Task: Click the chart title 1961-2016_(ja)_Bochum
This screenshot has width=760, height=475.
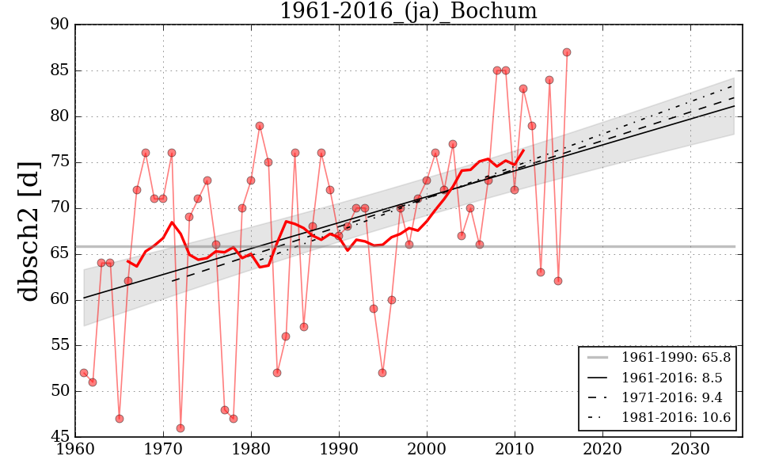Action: (x=408, y=12)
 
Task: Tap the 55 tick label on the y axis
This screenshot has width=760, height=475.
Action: (x=60, y=345)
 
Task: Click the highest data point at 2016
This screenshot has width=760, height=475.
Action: (x=567, y=52)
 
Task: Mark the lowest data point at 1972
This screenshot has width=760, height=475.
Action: (x=180, y=428)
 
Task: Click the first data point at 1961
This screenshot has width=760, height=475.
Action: (x=84, y=373)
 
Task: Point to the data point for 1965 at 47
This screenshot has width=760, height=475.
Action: (x=119, y=419)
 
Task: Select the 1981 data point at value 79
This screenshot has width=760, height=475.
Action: (x=260, y=126)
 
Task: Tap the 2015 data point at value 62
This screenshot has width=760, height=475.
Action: (x=558, y=281)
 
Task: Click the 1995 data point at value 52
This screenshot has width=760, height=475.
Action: (x=382, y=373)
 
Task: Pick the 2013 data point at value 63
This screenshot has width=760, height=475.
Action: (x=541, y=272)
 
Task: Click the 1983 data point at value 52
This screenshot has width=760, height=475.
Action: (x=277, y=373)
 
